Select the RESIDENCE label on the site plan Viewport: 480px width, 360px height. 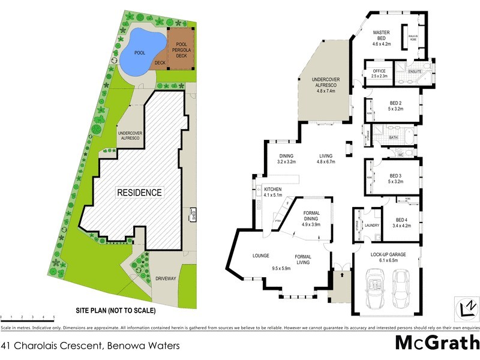139,193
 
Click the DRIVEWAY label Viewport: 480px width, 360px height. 149,278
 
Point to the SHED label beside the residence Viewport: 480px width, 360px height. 193,214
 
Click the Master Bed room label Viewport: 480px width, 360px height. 382,38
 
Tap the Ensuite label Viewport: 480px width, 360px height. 415,72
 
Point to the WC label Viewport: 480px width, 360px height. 400,155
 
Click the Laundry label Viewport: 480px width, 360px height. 372,225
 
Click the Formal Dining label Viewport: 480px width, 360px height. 312,218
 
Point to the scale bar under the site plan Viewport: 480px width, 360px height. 28,314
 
